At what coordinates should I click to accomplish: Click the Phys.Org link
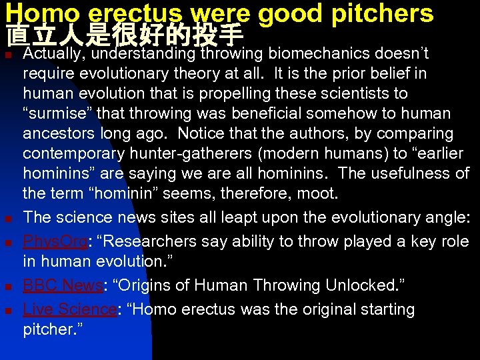[x=55, y=241]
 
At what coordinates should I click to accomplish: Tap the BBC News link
[x=62, y=286]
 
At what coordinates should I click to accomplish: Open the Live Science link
[x=69, y=309]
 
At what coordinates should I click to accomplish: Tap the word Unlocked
[x=360, y=286]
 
